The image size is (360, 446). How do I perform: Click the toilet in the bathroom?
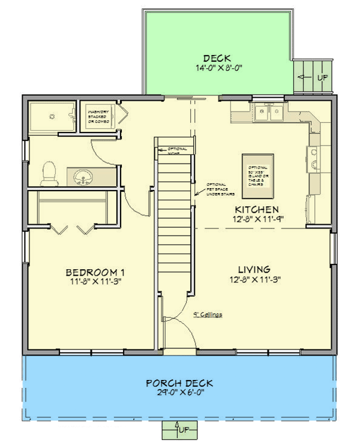pyautogui.click(x=48, y=173)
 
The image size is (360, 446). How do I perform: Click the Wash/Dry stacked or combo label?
pyautogui.click(x=98, y=116)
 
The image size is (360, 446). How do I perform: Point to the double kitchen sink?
pyautogui.click(x=268, y=112)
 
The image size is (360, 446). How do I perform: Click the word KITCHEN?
pyautogui.click(x=256, y=209)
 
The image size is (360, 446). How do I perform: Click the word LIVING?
pyautogui.click(x=253, y=269)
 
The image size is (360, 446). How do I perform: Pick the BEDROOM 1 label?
pyautogui.click(x=95, y=273)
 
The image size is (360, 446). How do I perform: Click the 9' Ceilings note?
pyautogui.click(x=208, y=314)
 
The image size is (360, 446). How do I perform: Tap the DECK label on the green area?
pyautogui.click(x=217, y=58)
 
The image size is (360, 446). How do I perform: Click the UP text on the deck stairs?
pyautogui.click(x=321, y=77)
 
